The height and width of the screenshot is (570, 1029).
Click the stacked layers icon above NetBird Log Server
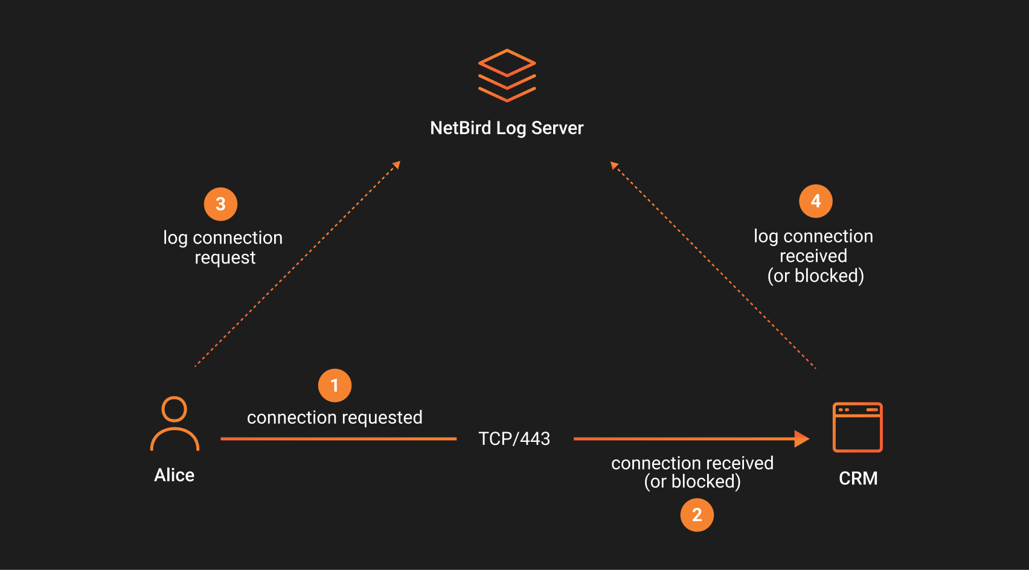point(507,76)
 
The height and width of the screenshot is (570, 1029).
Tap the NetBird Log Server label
point(507,128)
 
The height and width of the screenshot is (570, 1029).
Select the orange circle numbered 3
point(220,204)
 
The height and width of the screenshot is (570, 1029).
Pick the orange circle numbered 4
point(815,201)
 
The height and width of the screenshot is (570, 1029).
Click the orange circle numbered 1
point(335,386)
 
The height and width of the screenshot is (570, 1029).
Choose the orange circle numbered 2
point(697,515)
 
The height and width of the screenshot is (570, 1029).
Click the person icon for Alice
point(175,424)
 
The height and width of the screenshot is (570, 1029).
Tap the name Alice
point(174,475)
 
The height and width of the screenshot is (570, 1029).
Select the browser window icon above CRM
point(857,427)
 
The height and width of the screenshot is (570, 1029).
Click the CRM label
point(858,478)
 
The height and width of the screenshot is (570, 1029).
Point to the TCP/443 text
point(514,439)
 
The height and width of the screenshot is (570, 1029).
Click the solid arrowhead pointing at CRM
point(801,439)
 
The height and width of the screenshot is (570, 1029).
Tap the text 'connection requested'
point(335,418)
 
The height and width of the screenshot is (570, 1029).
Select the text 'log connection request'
point(223,247)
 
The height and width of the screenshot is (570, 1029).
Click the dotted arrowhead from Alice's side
point(397,164)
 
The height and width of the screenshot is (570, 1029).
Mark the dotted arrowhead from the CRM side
point(614,165)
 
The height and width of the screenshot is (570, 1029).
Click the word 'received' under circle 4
point(813,256)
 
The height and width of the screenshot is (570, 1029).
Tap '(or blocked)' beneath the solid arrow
point(692,482)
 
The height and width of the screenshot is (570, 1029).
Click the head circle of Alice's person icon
point(175,409)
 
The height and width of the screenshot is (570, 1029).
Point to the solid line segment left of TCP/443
point(338,439)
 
